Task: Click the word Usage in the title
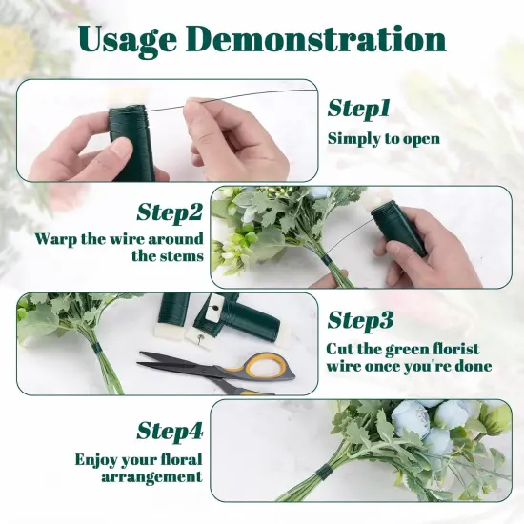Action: pyautogui.click(x=128, y=42)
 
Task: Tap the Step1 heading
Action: pyautogui.click(x=358, y=109)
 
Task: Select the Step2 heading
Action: pyautogui.click(x=170, y=212)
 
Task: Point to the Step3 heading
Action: pyautogui.click(x=360, y=320)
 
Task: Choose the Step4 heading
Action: pyautogui.click(x=170, y=431)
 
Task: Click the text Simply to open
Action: pyautogui.click(x=384, y=139)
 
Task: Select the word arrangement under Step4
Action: pyautogui.click(x=151, y=477)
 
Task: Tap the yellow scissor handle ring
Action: pyautogui.click(x=263, y=367)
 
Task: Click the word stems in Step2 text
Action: pyautogui.click(x=176, y=256)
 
